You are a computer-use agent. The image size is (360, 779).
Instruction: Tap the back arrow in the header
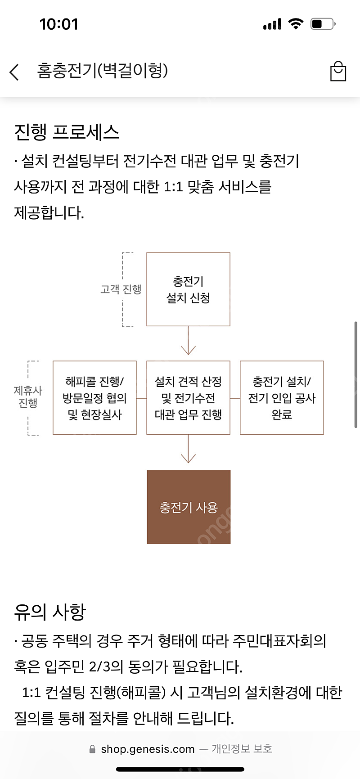14,72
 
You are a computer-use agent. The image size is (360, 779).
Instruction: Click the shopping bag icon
338,72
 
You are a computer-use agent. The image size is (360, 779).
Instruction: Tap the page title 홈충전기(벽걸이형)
103,71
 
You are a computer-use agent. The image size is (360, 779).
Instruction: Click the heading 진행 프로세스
67,132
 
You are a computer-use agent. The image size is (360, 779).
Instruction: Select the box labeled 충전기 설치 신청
188,289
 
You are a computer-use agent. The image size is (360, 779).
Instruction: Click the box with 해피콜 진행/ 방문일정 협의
94,398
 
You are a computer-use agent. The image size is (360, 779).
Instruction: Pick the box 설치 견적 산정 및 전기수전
188,398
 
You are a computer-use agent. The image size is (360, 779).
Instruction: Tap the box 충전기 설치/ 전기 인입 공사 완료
282,398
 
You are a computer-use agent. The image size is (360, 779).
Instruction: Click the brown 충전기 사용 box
189,507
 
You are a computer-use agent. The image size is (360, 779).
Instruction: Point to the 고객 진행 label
121,289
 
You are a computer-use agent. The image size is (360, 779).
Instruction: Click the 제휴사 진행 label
28,397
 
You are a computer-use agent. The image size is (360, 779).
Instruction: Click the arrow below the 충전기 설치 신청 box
188,342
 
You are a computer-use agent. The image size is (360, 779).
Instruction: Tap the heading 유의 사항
50,612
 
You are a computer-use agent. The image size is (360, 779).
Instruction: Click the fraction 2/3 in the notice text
99,666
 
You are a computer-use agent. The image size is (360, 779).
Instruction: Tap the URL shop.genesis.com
148,749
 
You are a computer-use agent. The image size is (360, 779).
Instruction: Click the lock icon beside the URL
92,749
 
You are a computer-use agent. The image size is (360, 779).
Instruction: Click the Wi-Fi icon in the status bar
295,24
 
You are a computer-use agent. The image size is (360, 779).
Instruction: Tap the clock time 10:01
59,24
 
